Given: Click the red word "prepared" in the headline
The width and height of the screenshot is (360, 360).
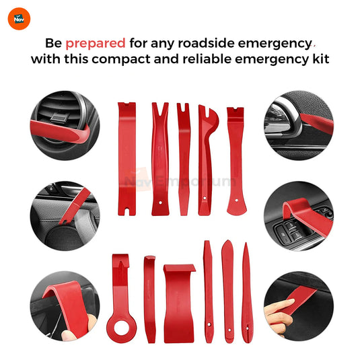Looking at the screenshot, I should click(95, 43).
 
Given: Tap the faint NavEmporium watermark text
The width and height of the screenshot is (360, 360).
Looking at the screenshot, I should click(180, 181).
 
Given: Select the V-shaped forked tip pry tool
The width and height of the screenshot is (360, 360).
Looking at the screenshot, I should click(159, 158).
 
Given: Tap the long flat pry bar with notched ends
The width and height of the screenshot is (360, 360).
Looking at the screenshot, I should click(127, 158).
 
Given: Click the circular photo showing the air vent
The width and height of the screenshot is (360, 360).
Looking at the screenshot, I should click(64, 121).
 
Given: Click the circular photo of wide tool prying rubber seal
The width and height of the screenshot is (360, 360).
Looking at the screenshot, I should click(64, 305).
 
